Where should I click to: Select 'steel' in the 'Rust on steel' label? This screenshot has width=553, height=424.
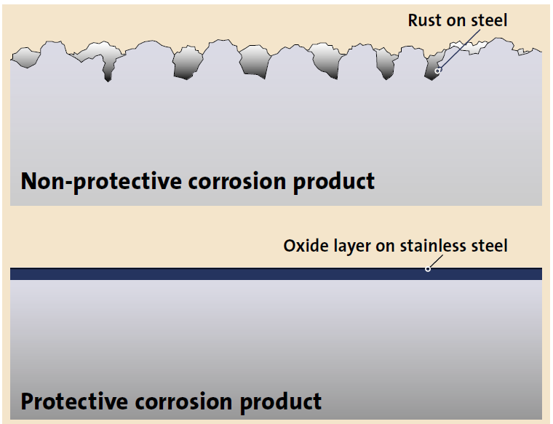coord(488,20)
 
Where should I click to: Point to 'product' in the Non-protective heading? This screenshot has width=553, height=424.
coord(334,182)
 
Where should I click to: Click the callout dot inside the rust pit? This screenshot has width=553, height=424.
coord(437,71)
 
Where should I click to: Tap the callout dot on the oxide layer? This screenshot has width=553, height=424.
coord(428,269)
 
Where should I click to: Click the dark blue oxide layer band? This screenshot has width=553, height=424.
coord(218,273)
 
